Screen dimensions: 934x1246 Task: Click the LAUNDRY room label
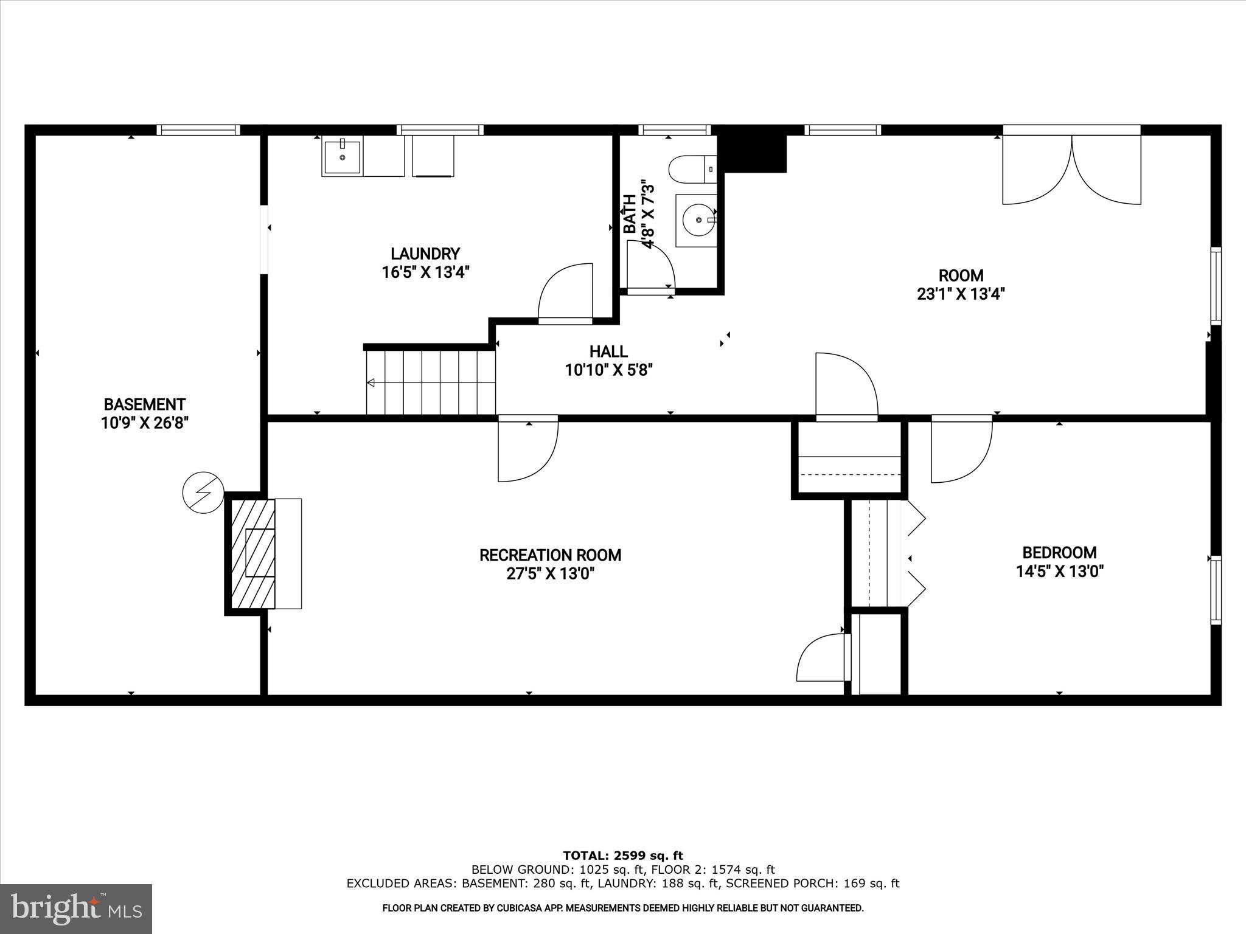pyautogui.click(x=425, y=254)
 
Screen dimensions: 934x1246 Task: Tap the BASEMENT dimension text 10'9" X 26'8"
pyautogui.click(x=145, y=423)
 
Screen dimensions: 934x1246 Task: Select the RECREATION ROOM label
pyautogui.click(x=550, y=555)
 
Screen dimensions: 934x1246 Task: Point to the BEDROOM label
pyautogui.click(x=1059, y=553)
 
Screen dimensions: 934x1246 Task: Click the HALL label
pyautogui.click(x=608, y=351)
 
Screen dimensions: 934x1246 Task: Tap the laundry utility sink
pyautogui.click(x=342, y=157)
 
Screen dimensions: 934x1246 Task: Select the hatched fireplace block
pyautogui.click(x=251, y=553)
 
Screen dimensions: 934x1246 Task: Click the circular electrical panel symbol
pyautogui.click(x=204, y=492)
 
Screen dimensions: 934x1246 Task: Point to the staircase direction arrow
pyautogui.click(x=371, y=382)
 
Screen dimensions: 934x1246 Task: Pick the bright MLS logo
pyautogui.click(x=76, y=908)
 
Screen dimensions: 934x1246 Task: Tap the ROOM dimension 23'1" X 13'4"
pyautogui.click(x=960, y=294)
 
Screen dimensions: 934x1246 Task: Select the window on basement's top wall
pyautogui.click(x=198, y=130)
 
